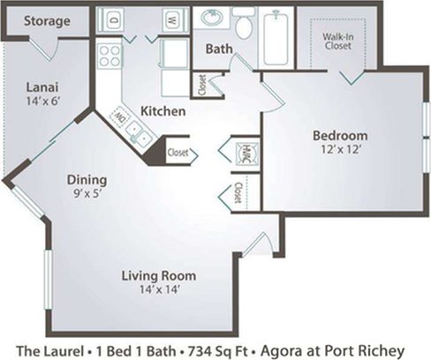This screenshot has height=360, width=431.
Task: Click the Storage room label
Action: pos(48,20)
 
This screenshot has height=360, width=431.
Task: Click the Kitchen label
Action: pos(163,112)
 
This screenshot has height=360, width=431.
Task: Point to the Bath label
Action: pos(219,49)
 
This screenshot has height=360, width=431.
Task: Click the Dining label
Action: pos(87,180)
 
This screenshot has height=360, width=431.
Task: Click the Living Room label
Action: pos(159,275)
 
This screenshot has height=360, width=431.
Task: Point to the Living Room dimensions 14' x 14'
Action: pos(159,290)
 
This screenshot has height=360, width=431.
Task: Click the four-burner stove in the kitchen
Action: pos(109,56)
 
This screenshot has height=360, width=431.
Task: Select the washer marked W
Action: pos(172,18)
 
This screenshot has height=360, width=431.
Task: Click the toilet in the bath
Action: pos(244,26)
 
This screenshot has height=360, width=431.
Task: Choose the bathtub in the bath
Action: pos(278,37)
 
